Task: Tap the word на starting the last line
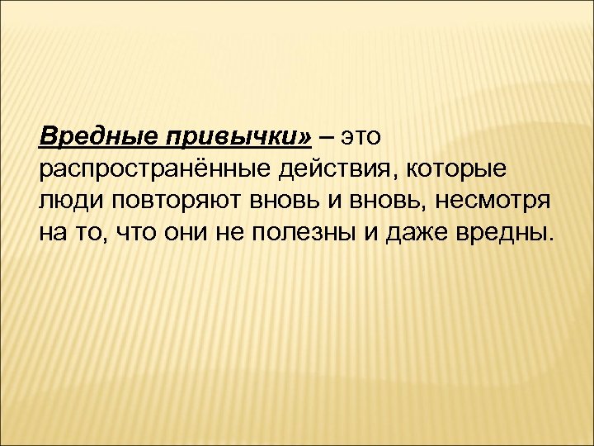point(52,234)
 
